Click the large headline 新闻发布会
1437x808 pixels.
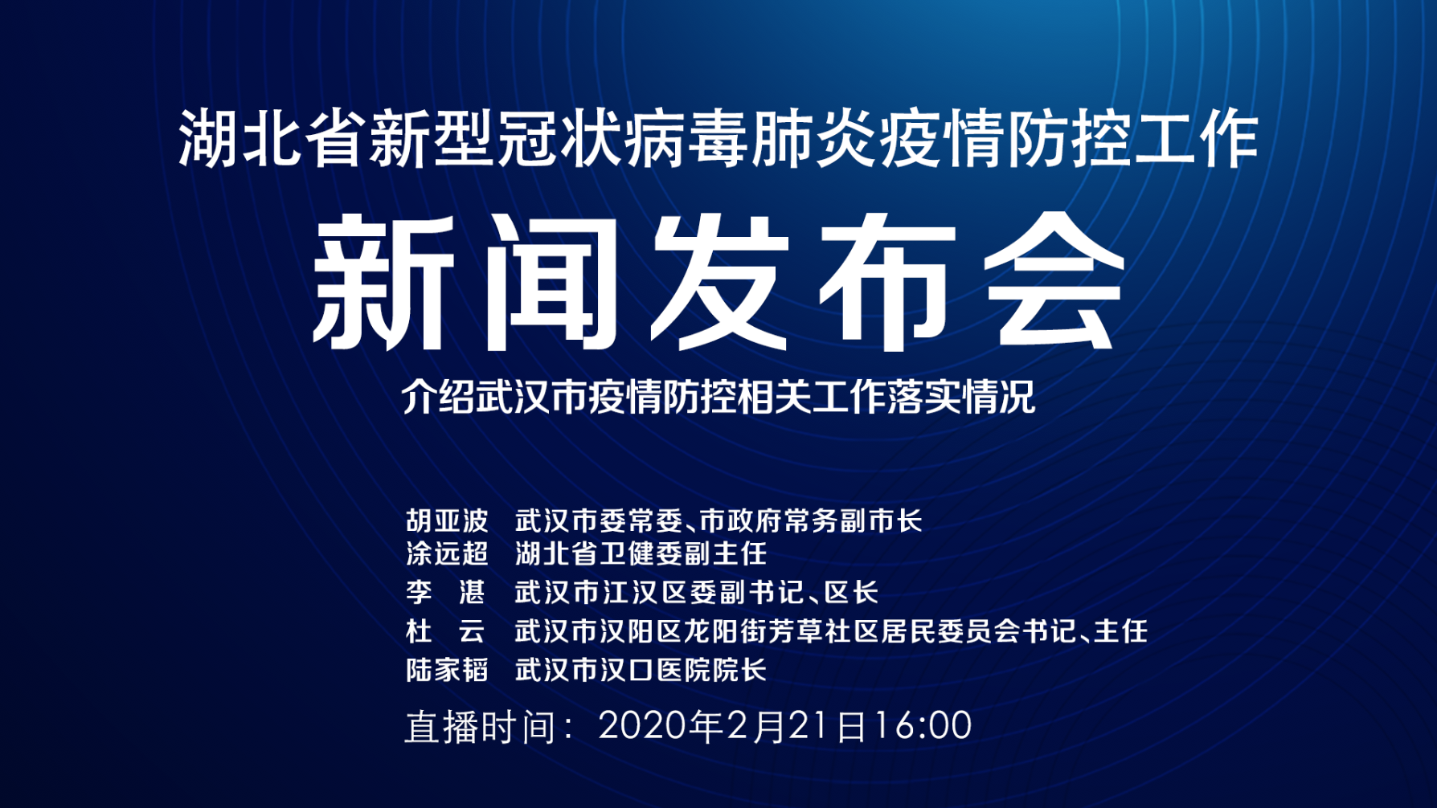tap(718, 283)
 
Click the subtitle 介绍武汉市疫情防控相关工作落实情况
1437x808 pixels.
tap(718, 396)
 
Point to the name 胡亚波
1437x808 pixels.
tap(447, 521)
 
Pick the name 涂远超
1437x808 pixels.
tap(447, 553)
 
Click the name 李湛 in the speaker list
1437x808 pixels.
tap(446, 593)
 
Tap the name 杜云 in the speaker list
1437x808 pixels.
tap(446, 631)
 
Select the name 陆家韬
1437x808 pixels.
tap(447, 670)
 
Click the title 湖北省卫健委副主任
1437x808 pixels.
tap(641, 553)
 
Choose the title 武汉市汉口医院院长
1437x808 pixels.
tap(641, 670)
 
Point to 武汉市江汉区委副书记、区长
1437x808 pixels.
tap(697, 593)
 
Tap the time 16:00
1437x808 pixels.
tap(922, 725)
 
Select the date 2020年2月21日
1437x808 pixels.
tap(733, 726)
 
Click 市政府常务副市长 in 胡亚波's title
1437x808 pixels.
tap(811, 521)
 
